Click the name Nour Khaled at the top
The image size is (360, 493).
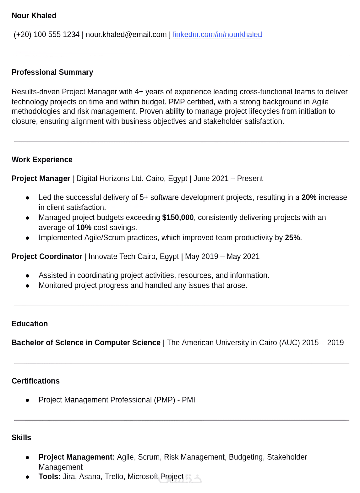click(x=34, y=16)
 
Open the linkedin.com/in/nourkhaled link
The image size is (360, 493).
click(x=217, y=35)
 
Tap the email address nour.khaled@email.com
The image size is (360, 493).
click(x=126, y=35)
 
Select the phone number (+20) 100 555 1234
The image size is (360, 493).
click(x=46, y=35)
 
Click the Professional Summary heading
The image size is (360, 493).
click(x=52, y=72)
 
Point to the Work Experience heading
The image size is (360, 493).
click(x=42, y=160)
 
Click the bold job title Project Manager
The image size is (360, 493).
click(x=41, y=179)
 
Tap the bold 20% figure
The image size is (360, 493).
click(x=309, y=197)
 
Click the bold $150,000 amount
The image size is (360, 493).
click(x=178, y=218)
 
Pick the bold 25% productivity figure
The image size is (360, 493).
click(x=292, y=238)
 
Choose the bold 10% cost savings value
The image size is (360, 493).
click(x=84, y=228)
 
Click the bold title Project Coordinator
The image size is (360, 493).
click(x=47, y=257)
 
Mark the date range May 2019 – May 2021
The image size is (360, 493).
click(x=222, y=257)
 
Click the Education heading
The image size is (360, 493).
click(x=30, y=324)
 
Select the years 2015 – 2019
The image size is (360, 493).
click(x=323, y=343)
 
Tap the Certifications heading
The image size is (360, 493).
click(x=35, y=381)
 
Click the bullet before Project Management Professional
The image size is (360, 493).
click(x=28, y=400)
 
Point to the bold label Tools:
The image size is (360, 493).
click(x=50, y=477)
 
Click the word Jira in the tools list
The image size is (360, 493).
click(x=69, y=477)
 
